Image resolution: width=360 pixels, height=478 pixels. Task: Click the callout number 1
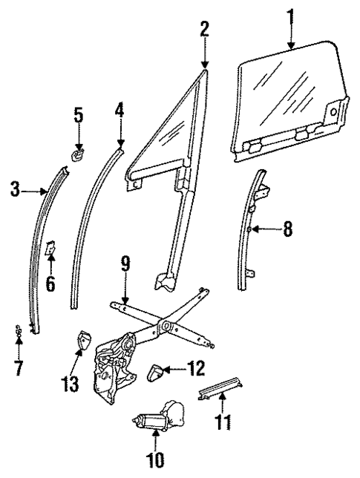(290, 15)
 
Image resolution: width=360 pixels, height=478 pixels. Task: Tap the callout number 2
(205, 29)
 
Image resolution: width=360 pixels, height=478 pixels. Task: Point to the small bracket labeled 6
(51, 247)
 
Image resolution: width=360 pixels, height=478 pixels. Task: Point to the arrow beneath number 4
(120, 134)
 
